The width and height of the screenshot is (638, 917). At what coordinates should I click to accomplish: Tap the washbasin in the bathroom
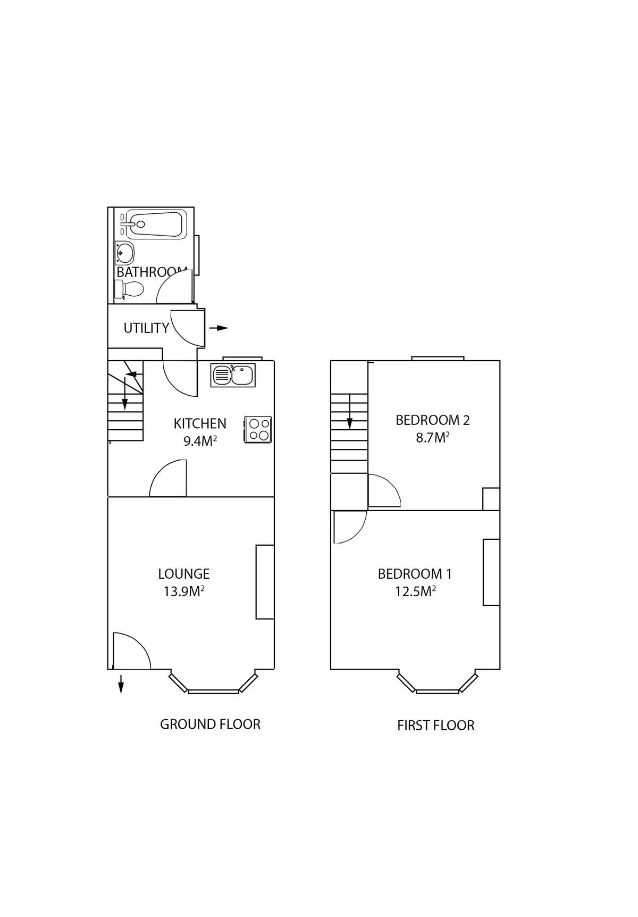(x=125, y=253)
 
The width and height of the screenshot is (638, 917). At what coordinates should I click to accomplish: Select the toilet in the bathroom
(x=129, y=290)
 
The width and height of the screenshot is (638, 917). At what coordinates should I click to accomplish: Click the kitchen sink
(x=233, y=374)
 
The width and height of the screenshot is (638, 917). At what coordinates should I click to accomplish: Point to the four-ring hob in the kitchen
(x=258, y=429)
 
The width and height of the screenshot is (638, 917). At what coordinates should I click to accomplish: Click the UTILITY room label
(x=146, y=328)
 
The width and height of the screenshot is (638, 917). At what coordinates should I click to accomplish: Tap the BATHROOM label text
(x=152, y=272)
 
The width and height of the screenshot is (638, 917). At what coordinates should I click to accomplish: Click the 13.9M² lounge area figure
(x=184, y=591)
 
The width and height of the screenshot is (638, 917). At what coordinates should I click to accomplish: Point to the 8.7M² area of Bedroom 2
(x=433, y=438)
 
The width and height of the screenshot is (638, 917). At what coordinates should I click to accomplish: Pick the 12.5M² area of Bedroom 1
(x=415, y=591)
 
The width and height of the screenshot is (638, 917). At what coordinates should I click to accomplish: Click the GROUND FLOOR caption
(x=210, y=724)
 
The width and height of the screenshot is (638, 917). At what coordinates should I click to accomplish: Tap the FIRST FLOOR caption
(x=435, y=726)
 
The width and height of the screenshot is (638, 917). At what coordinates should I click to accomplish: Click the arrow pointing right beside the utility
(x=219, y=328)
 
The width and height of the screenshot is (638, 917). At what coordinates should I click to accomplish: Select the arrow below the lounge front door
(x=121, y=684)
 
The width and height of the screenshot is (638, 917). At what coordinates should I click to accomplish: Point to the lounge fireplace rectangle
(x=265, y=582)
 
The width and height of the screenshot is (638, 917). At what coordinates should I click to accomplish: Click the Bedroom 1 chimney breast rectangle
(x=491, y=572)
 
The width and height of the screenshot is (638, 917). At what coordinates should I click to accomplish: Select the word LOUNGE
(x=184, y=574)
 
